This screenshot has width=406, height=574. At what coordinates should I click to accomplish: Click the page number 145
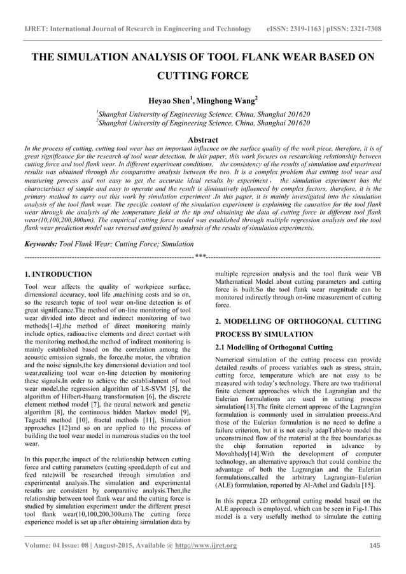point(375,563)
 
